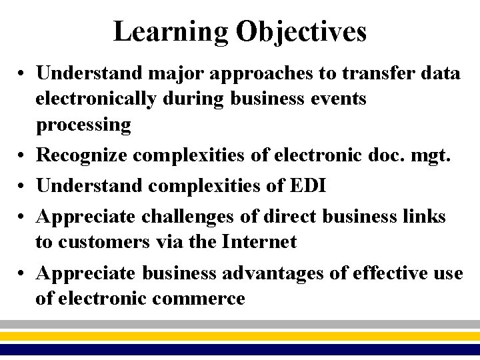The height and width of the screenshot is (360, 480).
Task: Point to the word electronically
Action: click(x=95, y=99)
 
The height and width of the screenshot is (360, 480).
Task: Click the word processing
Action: click(x=83, y=125)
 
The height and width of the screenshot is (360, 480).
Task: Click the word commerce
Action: click(x=198, y=299)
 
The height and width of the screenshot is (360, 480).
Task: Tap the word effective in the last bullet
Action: click(x=389, y=273)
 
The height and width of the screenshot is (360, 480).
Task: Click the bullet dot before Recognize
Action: click(x=23, y=155)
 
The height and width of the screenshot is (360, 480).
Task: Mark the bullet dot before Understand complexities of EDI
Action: click(x=23, y=186)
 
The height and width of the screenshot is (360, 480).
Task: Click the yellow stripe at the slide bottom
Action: click(x=240, y=336)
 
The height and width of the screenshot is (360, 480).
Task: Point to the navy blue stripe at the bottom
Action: click(x=240, y=349)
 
